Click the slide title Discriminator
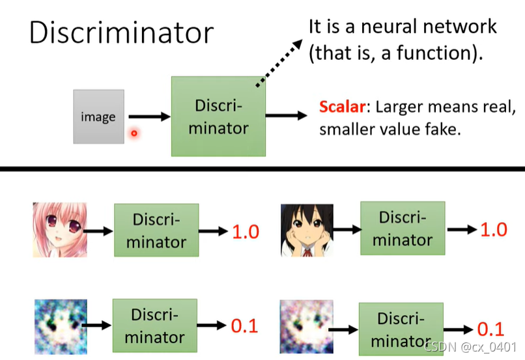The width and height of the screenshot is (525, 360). tap(121, 33)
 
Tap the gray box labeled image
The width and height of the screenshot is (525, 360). tap(98, 117)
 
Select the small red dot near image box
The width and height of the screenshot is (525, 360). tap(134, 133)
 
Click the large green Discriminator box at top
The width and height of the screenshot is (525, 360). tap(218, 117)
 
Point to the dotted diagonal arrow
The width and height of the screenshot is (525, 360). tap(279, 62)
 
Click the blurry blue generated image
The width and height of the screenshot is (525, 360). tap(59, 324)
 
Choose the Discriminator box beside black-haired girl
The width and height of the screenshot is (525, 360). tap(402, 228)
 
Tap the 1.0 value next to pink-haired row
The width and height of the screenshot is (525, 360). tap(246, 231)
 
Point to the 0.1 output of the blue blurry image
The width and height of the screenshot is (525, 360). tap(245, 325)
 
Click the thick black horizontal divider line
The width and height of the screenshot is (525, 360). tap(262, 169)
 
